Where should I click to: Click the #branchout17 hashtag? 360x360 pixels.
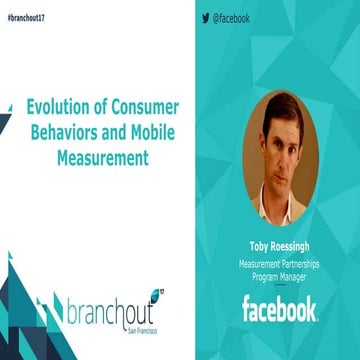[25, 19]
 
